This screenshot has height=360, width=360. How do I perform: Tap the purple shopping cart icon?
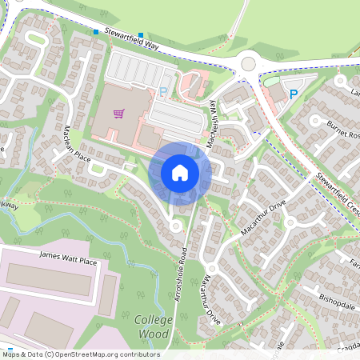(119, 113)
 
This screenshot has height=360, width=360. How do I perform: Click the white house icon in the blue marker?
(179, 172)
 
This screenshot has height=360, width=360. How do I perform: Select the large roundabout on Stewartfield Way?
(248, 63)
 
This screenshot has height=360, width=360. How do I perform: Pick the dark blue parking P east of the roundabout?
(293, 94)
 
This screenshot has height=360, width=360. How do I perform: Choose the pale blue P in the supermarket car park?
(163, 92)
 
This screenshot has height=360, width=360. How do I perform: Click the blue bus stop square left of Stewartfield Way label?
(96, 32)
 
